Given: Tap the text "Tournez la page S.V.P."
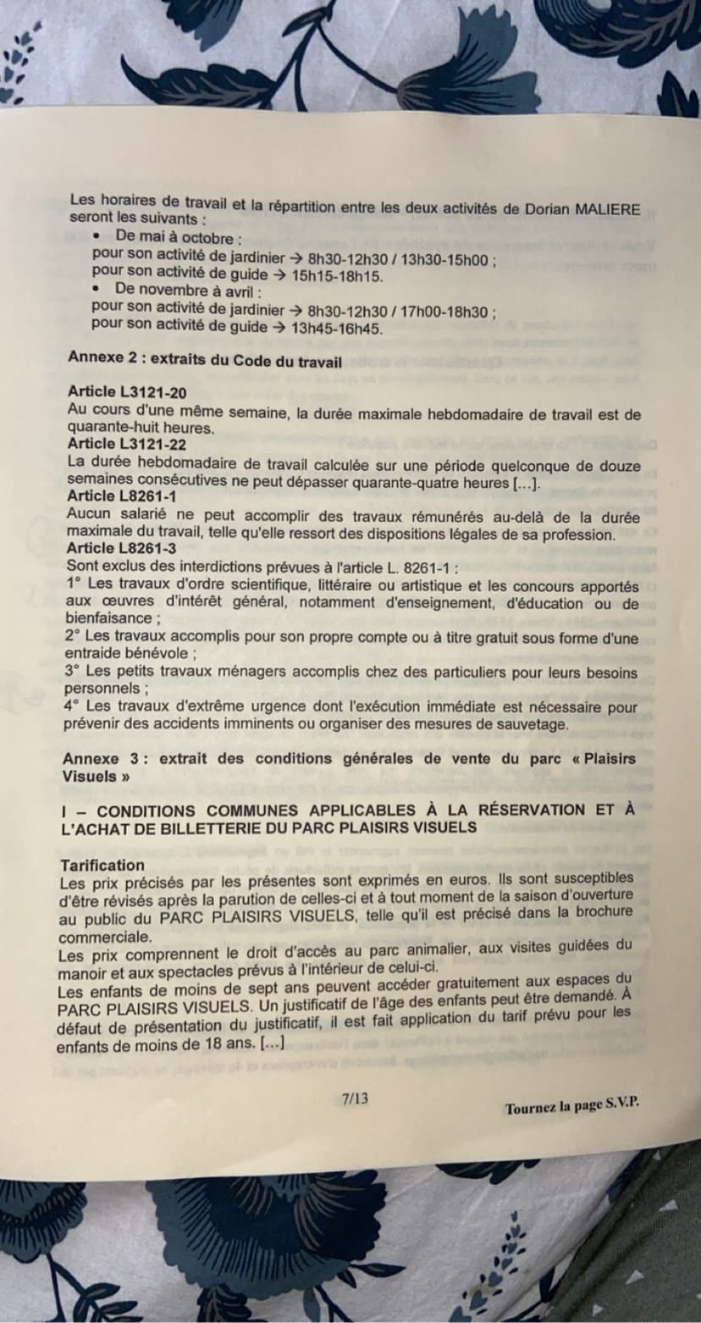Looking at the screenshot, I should [571, 1107].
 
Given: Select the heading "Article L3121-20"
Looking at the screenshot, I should [127, 392].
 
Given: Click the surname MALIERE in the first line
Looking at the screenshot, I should [606, 209].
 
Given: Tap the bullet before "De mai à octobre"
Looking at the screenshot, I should [100, 236].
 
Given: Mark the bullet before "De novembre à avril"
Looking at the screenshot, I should [98, 290].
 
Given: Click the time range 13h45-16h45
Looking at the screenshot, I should [336, 329].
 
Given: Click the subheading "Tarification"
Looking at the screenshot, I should [102, 865].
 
